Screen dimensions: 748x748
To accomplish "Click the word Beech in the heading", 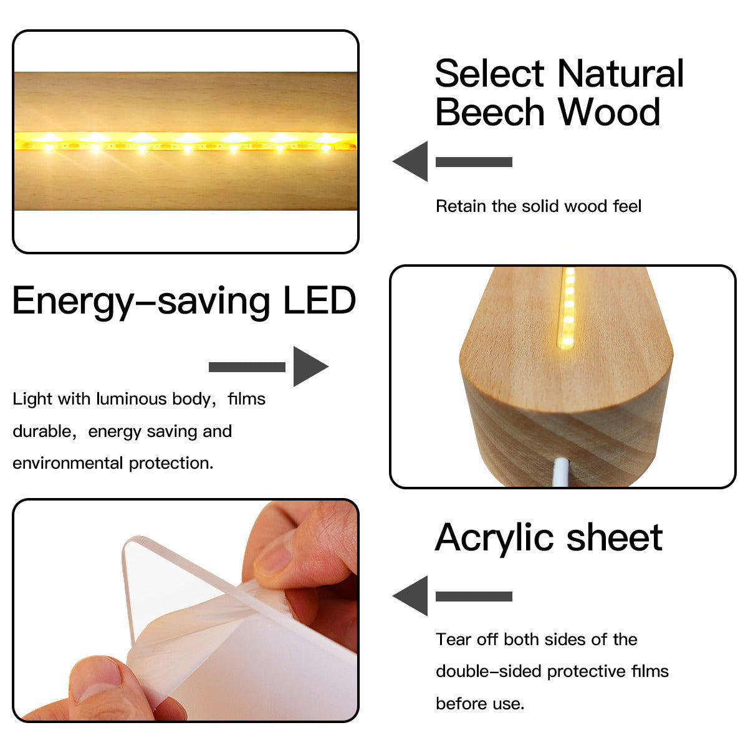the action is [490, 112].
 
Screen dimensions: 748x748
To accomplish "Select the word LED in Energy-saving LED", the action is [320, 300].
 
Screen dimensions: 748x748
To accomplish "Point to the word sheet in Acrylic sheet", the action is [615, 537].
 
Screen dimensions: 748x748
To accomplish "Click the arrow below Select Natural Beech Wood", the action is [453, 161].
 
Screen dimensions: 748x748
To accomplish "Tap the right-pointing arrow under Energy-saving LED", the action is [269, 367].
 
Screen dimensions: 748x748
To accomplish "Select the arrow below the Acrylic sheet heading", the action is [453, 596].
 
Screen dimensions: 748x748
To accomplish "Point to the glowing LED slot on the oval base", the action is [567, 308].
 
